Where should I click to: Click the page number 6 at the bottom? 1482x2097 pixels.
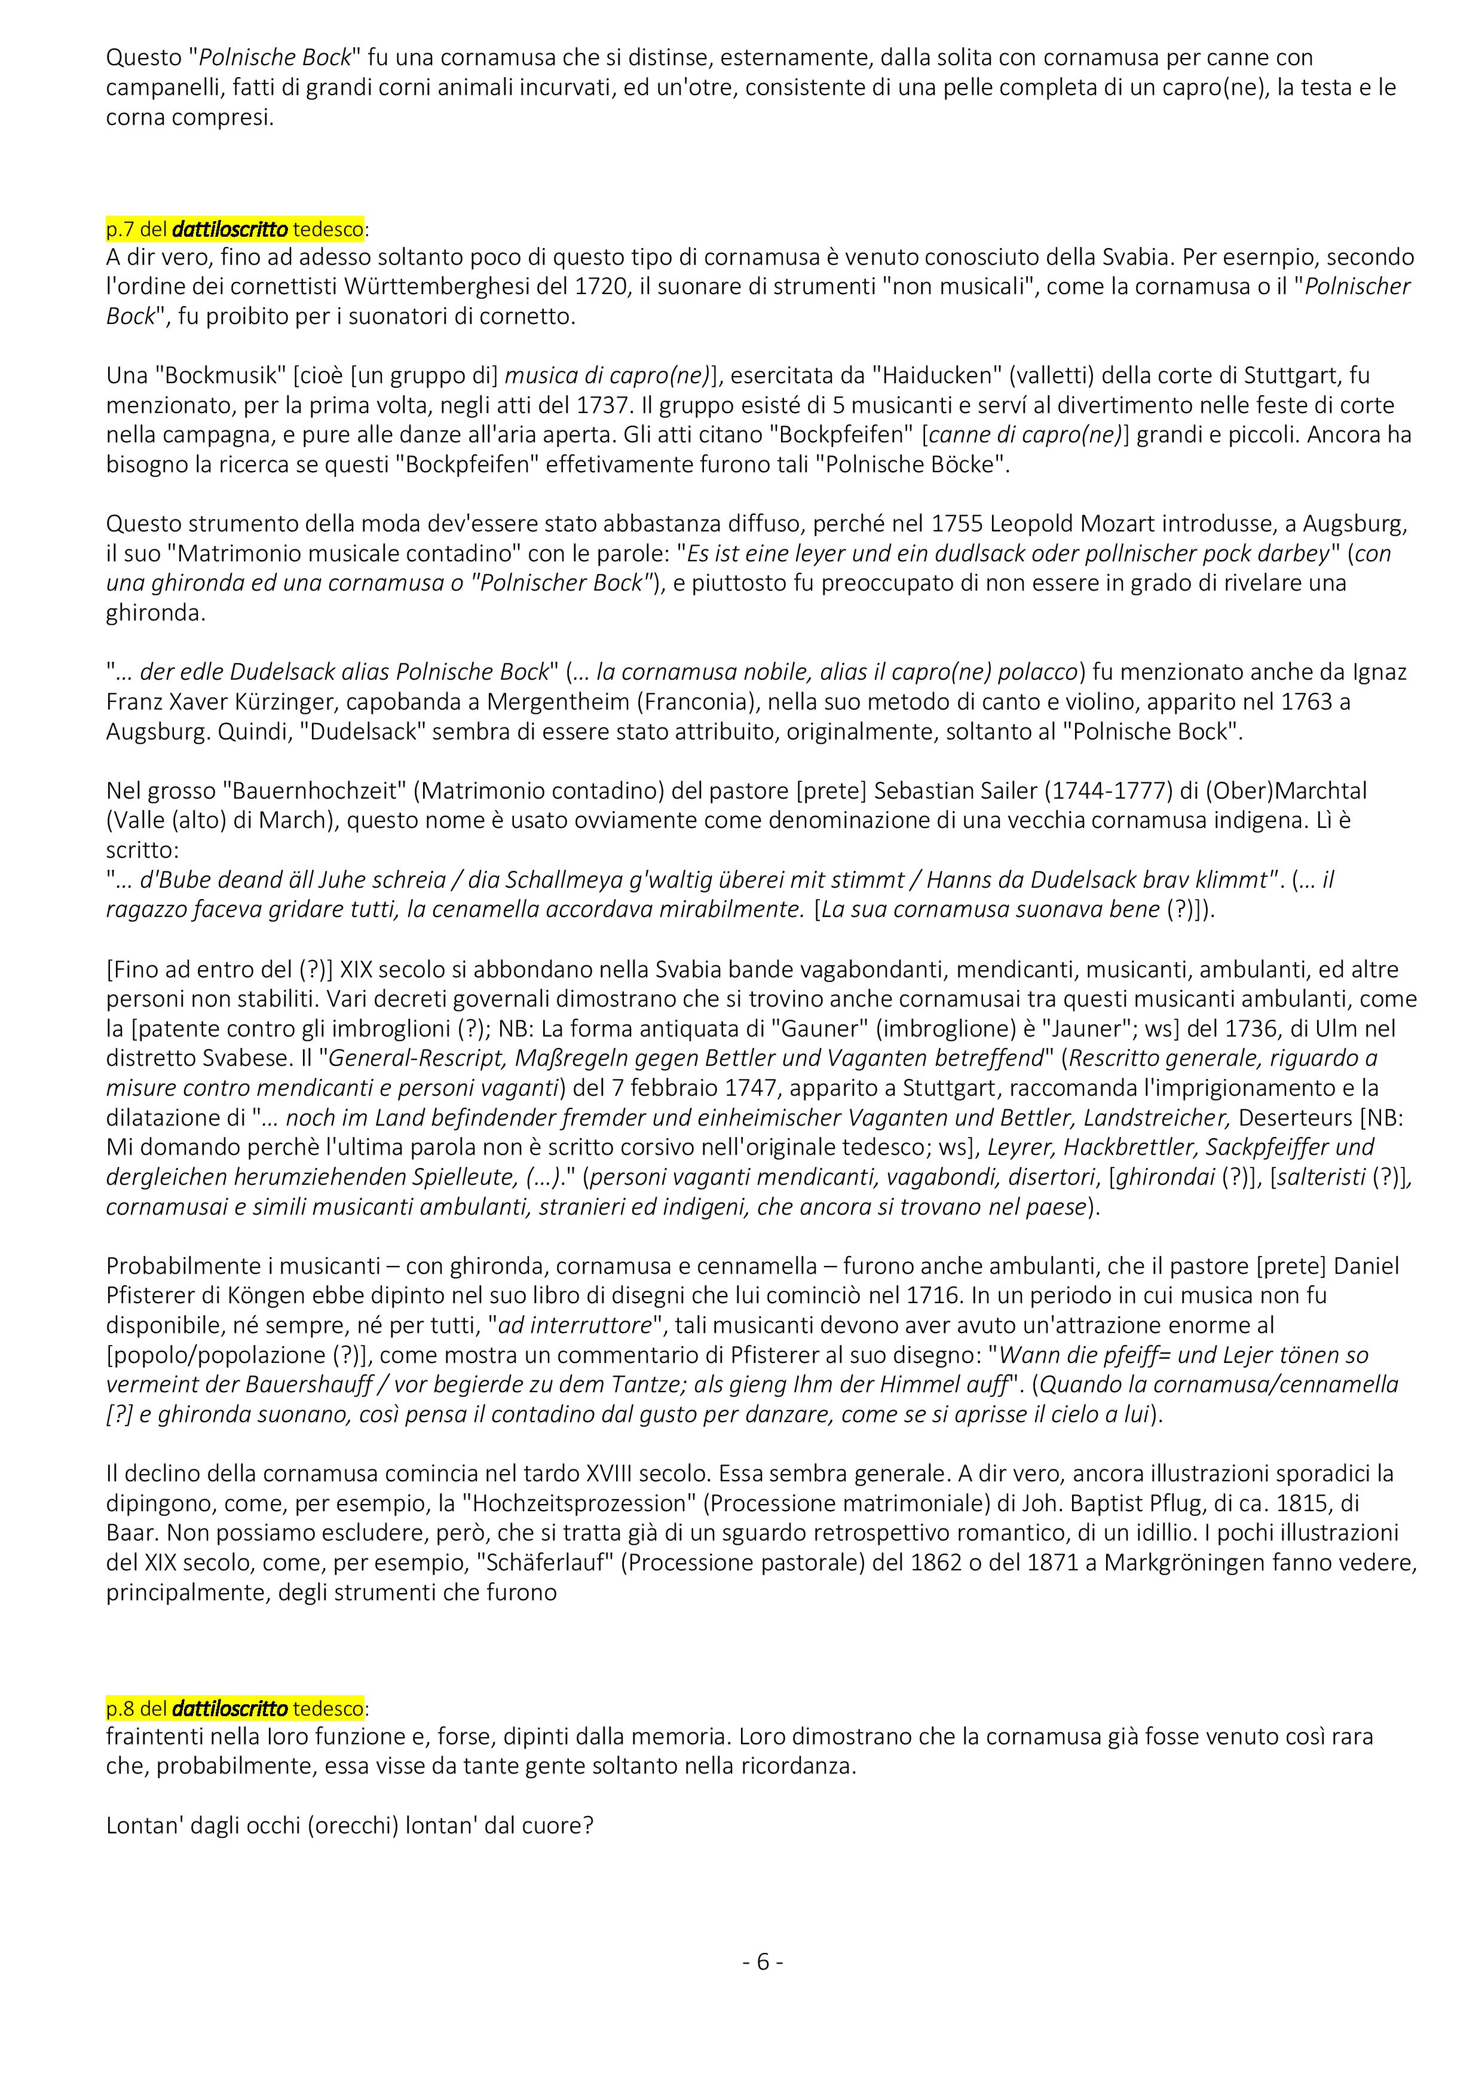763,1962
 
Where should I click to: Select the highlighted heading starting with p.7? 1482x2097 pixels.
235,227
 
